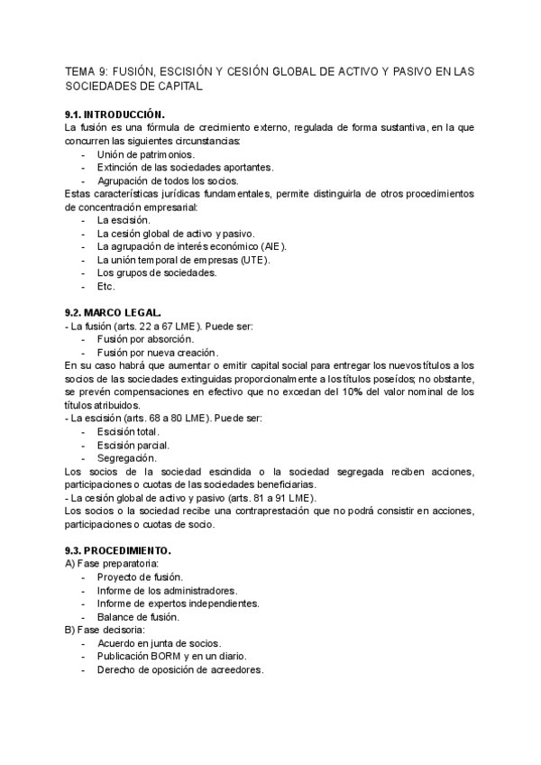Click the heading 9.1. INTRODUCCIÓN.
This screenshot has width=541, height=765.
pyautogui.click(x=115, y=115)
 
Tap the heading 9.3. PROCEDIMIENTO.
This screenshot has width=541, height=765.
pyautogui.click(x=117, y=550)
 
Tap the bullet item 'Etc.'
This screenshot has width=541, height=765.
pyautogui.click(x=106, y=286)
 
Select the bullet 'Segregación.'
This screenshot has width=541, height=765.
pyautogui.click(x=125, y=458)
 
